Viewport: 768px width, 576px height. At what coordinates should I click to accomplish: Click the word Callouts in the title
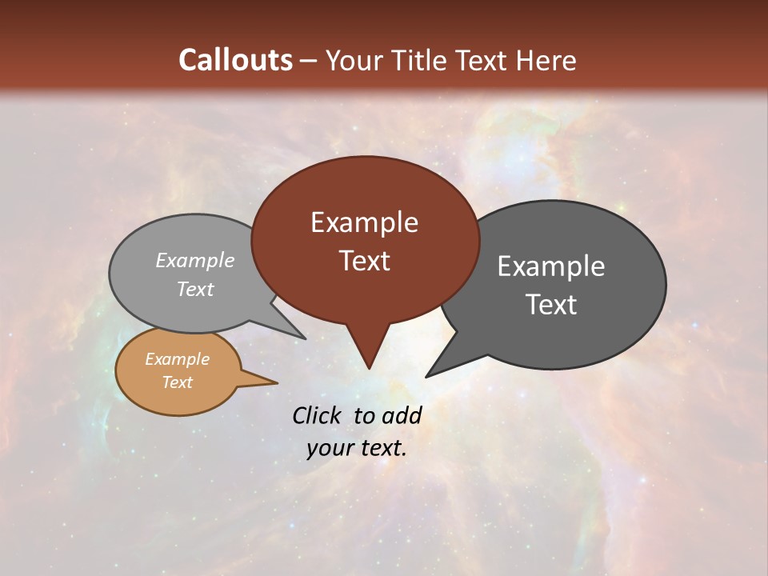pos(235,60)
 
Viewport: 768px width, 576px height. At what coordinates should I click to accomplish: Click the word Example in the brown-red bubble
pos(364,222)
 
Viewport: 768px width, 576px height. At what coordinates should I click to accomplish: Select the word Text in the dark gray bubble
pos(551,305)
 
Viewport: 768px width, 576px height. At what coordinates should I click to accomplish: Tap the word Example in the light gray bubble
pos(195,261)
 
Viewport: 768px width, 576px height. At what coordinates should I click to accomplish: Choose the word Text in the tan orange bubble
pos(178,382)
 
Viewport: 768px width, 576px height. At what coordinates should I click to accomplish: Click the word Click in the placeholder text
pos(317,415)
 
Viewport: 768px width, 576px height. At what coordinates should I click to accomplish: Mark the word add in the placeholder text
pos(402,415)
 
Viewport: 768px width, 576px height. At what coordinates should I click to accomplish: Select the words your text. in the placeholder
pos(357,448)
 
